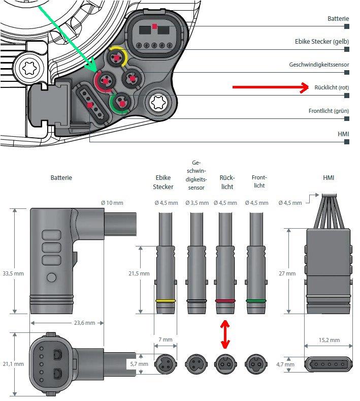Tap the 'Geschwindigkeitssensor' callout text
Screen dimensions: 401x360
click(319, 65)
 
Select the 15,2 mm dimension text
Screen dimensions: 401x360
click(329, 340)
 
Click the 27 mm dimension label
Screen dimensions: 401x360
click(290, 273)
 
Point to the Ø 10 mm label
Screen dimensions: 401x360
click(112, 203)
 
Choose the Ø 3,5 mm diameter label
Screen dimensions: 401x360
click(197, 203)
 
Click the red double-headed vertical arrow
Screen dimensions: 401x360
click(225, 334)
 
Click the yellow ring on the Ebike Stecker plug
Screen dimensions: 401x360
click(166, 301)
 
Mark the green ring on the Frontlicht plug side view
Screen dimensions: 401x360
click(256, 301)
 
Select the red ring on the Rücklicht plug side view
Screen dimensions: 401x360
click(225, 301)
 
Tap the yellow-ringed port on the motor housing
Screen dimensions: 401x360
click(117, 57)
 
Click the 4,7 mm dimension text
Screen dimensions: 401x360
click(290, 364)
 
